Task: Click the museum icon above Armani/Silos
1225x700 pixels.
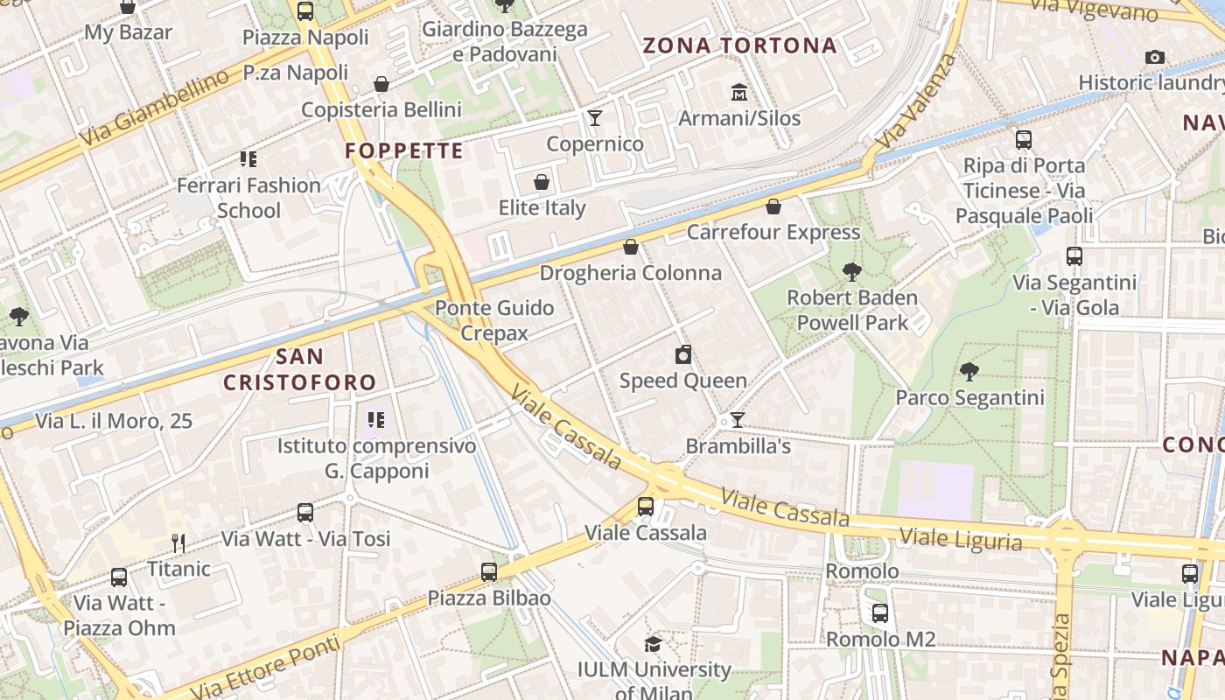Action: click(739, 92)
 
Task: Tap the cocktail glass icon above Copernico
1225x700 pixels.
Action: click(595, 118)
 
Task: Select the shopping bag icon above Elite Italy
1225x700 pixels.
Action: click(542, 183)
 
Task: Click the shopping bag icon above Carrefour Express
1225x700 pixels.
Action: click(773, 206)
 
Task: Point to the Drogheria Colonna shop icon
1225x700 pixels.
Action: click(630, 248)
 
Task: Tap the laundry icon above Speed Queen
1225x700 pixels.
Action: click(683, 354)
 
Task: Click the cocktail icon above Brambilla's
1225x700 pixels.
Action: click(738, 420)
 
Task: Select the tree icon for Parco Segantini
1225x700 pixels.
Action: click(969, 372)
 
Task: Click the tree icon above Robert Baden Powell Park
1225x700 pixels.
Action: click(851, 272)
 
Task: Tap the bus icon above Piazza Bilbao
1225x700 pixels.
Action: click(489, 572)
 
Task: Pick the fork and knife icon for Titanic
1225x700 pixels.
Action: click(178, 543)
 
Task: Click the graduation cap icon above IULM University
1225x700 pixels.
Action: click(653, 645)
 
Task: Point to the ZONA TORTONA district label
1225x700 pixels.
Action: click(740, 45)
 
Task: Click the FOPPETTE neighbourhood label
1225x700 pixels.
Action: click(403, 150)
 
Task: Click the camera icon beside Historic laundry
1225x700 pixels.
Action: click(1155, 58)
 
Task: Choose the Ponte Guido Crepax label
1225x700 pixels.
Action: click(494, 320)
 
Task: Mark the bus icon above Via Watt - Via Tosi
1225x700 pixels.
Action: click(305, 513)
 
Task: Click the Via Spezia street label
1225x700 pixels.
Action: click(1062, 654)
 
